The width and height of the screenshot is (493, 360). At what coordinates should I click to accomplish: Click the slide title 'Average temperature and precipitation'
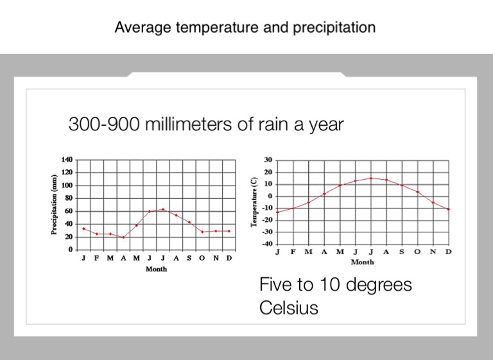pyautogui.click(x=245, y=28)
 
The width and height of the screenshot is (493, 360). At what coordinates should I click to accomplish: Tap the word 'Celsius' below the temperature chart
pyautogui.click(x=289, y=308)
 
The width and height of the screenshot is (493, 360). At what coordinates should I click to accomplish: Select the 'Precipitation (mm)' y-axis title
pyautogui.click(x=55, y=205)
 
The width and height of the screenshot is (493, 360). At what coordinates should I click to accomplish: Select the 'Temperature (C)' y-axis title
pyautogui.click(x=254, y=202)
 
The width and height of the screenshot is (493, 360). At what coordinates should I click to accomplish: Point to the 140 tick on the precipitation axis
pyautogui.click(x=67, y=160)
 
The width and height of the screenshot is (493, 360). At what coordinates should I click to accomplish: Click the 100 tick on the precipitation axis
pyautogui.click(x=67, y=185)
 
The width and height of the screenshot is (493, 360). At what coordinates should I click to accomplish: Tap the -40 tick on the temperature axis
pyautogui.click(x=266, y=244)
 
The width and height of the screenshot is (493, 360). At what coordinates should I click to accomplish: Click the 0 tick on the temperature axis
pyautogui.click(x=270, y=196)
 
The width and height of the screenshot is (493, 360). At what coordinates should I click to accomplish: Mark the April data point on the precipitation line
pyautogui.click(x=123, y=237)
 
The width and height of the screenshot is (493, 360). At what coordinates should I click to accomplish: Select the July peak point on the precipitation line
pyautogui.click(x=163, y=209)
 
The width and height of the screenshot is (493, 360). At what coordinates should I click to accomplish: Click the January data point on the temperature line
pyautogui.click(x=277, y=212)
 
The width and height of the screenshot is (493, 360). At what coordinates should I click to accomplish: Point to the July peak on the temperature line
pyautogui.click(x=370, y=178)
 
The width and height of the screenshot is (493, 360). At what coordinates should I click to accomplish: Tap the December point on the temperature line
pyautogui.click(x=448, y=209)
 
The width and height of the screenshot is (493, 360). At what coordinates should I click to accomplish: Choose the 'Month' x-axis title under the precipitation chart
pyautogui.click(x=156, y=269)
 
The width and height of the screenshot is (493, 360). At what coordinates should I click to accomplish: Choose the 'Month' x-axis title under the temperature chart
pyautogui.click(x=362, y=262)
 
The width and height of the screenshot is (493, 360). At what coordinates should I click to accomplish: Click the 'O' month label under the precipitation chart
pyautogui.click(x=202, y=258)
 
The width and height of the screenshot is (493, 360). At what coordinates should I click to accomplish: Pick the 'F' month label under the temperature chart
pyautogui.click(x=293, y=252)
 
